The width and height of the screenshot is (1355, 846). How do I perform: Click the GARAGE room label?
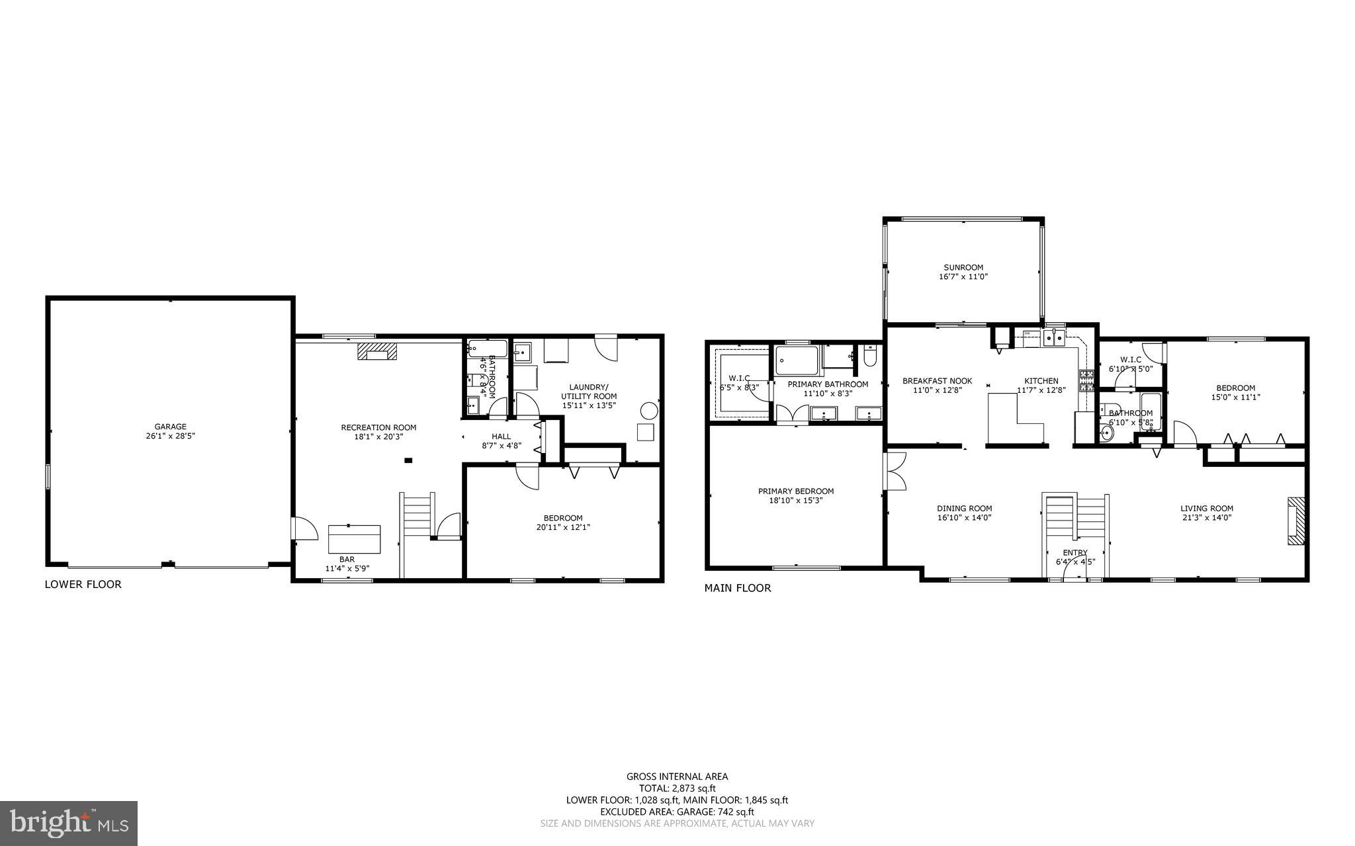[x=171, y=427]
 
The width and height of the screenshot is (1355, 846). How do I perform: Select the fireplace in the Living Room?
[x=1296, y=521]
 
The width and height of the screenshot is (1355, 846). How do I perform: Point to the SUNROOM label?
[x=963, y=267]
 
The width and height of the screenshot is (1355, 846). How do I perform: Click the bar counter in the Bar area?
[x=355, y=538]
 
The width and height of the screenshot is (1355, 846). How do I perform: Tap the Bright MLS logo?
[x=69, y=823]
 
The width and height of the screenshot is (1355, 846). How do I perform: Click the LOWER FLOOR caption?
[x=83, y=585]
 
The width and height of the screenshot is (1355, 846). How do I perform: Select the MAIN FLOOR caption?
[x=737, y=588]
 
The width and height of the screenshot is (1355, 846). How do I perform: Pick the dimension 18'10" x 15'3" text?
[x=796, y=501]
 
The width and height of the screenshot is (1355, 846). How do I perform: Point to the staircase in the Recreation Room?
[x=417, y=516]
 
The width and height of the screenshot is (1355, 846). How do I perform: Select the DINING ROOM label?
[x=964, y=509]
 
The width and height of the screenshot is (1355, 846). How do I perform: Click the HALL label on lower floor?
[x=501, y=436]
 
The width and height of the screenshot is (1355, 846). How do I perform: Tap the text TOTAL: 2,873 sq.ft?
[x=677, y=788]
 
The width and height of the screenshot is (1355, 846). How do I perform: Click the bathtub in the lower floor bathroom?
[x=488, y=349]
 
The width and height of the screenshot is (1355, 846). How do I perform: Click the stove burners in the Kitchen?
[x=1086, y=380]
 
